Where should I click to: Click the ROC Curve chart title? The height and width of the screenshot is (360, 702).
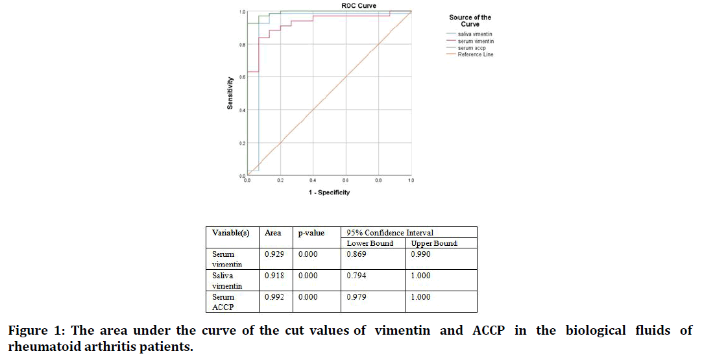click(359, 6)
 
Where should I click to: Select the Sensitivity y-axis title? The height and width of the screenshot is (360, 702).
click(230, 93)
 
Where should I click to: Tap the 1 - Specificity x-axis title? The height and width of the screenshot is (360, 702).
click(329, 192)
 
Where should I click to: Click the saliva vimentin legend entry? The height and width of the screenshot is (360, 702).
click(476, 34)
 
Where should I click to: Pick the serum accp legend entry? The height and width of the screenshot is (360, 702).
click(472, 48)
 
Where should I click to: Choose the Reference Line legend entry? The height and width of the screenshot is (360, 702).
click(475, 54)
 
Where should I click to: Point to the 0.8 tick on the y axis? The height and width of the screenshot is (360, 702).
click(241, 44)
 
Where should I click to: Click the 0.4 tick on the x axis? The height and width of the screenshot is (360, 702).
click(313, 180)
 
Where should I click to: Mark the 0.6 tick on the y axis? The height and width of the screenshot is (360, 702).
click(241, 77)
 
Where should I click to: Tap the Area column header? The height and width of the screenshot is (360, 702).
click(273, 233)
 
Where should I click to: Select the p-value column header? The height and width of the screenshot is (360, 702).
click(311, 233)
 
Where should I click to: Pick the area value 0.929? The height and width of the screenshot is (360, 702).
click(274, 254)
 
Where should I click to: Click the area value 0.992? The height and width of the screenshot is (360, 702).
click(274, 297)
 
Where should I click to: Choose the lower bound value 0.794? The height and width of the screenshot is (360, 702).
click(356, 276)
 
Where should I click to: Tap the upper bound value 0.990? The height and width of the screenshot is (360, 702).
click(420, 254)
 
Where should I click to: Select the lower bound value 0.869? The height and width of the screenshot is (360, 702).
click(356, 254)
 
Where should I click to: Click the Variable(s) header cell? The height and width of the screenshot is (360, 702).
click(230, 233)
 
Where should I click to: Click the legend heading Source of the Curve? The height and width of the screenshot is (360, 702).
click(470, 21)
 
